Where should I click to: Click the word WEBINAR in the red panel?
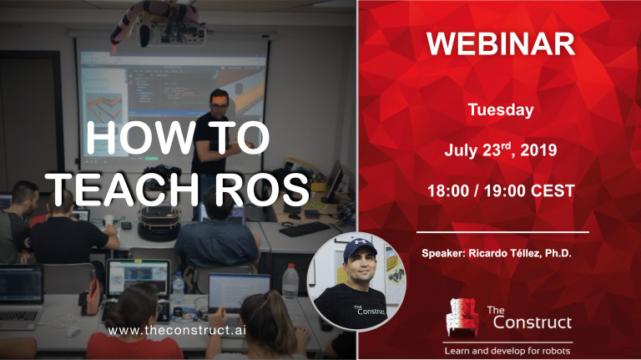pyautogui.click(x=501, y=43)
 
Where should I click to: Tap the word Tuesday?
pyautogui.click(x=501, y=109)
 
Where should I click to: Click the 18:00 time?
pyautogui.click(x=448, y=191)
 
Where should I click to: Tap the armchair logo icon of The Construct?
pyautogui.click(x=462, y=317)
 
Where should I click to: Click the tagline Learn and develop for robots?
pyautogui.click(x=507, y=351)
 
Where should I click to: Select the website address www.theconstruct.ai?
pyautogui.click(x=177, y=331)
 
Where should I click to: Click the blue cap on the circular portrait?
pyautogui.click(x=360, y=248)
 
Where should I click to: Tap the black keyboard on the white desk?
pyautogui.click(x=305, y=229)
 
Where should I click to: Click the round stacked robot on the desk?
pyautogui.click(x=159, y=223)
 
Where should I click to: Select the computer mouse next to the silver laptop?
pyautogui.click(x=73, y=332)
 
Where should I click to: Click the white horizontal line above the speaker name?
pyautogui.click(x=502, y=232)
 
